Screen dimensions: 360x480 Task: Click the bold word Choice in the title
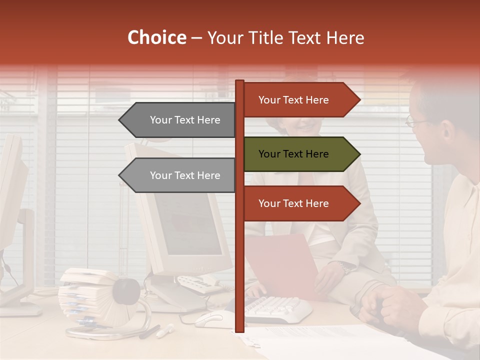pyautogui.click(x=156, y=38)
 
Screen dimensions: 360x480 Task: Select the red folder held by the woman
pyautogui.click(x=285, y=265)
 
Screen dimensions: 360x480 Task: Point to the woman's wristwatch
pyautogui.click(x=345, y=267)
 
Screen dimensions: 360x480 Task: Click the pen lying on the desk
pyautogui.click(x=164, y=330)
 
